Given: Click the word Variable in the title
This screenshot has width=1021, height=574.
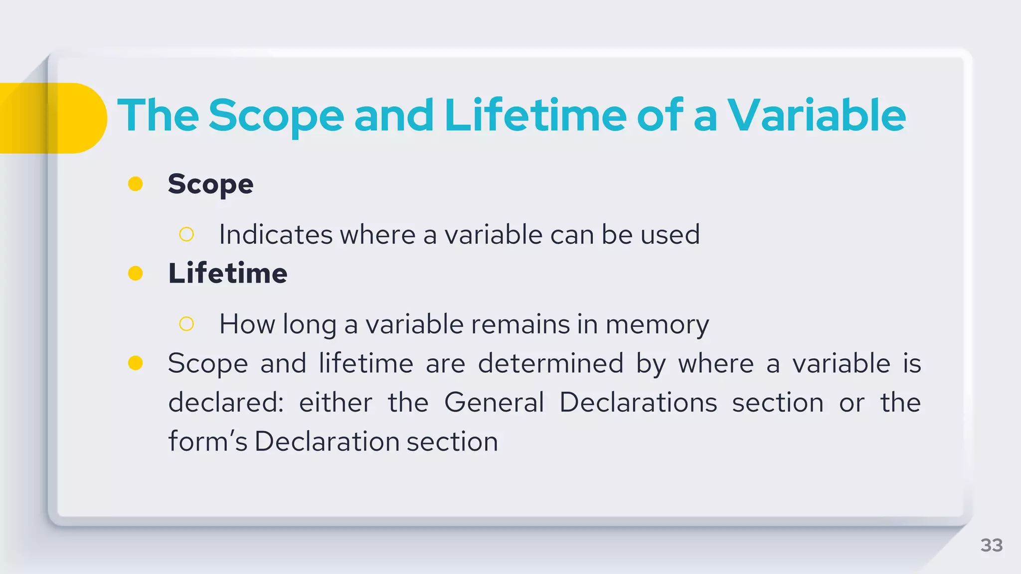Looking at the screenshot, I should point(817,116).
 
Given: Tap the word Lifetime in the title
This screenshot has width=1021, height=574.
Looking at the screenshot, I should point(535,116).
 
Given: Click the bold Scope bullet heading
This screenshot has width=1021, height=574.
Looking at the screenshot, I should point(210,184).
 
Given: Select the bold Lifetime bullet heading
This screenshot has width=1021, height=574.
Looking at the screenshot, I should point(228,273).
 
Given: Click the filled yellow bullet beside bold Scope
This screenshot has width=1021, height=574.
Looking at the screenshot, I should point(136,184).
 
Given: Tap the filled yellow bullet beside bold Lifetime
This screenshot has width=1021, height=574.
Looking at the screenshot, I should point(136,273).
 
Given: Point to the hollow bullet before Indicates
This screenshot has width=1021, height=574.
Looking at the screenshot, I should point(186,234).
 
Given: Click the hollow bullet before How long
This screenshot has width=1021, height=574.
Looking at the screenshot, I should point(186,324).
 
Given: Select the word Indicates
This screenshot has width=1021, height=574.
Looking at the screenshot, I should point(275,234).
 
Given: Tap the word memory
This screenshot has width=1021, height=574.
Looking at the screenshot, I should point(657,325).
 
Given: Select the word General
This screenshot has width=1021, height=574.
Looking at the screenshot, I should point(494,402).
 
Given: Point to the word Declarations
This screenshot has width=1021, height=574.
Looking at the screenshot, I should point(638,402).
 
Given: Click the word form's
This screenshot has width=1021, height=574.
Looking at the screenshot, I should point(207,441).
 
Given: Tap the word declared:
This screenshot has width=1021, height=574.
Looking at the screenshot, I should point(226,402).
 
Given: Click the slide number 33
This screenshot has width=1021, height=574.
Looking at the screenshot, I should point(991,545).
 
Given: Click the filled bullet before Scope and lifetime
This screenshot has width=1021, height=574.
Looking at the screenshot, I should point(136,363).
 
